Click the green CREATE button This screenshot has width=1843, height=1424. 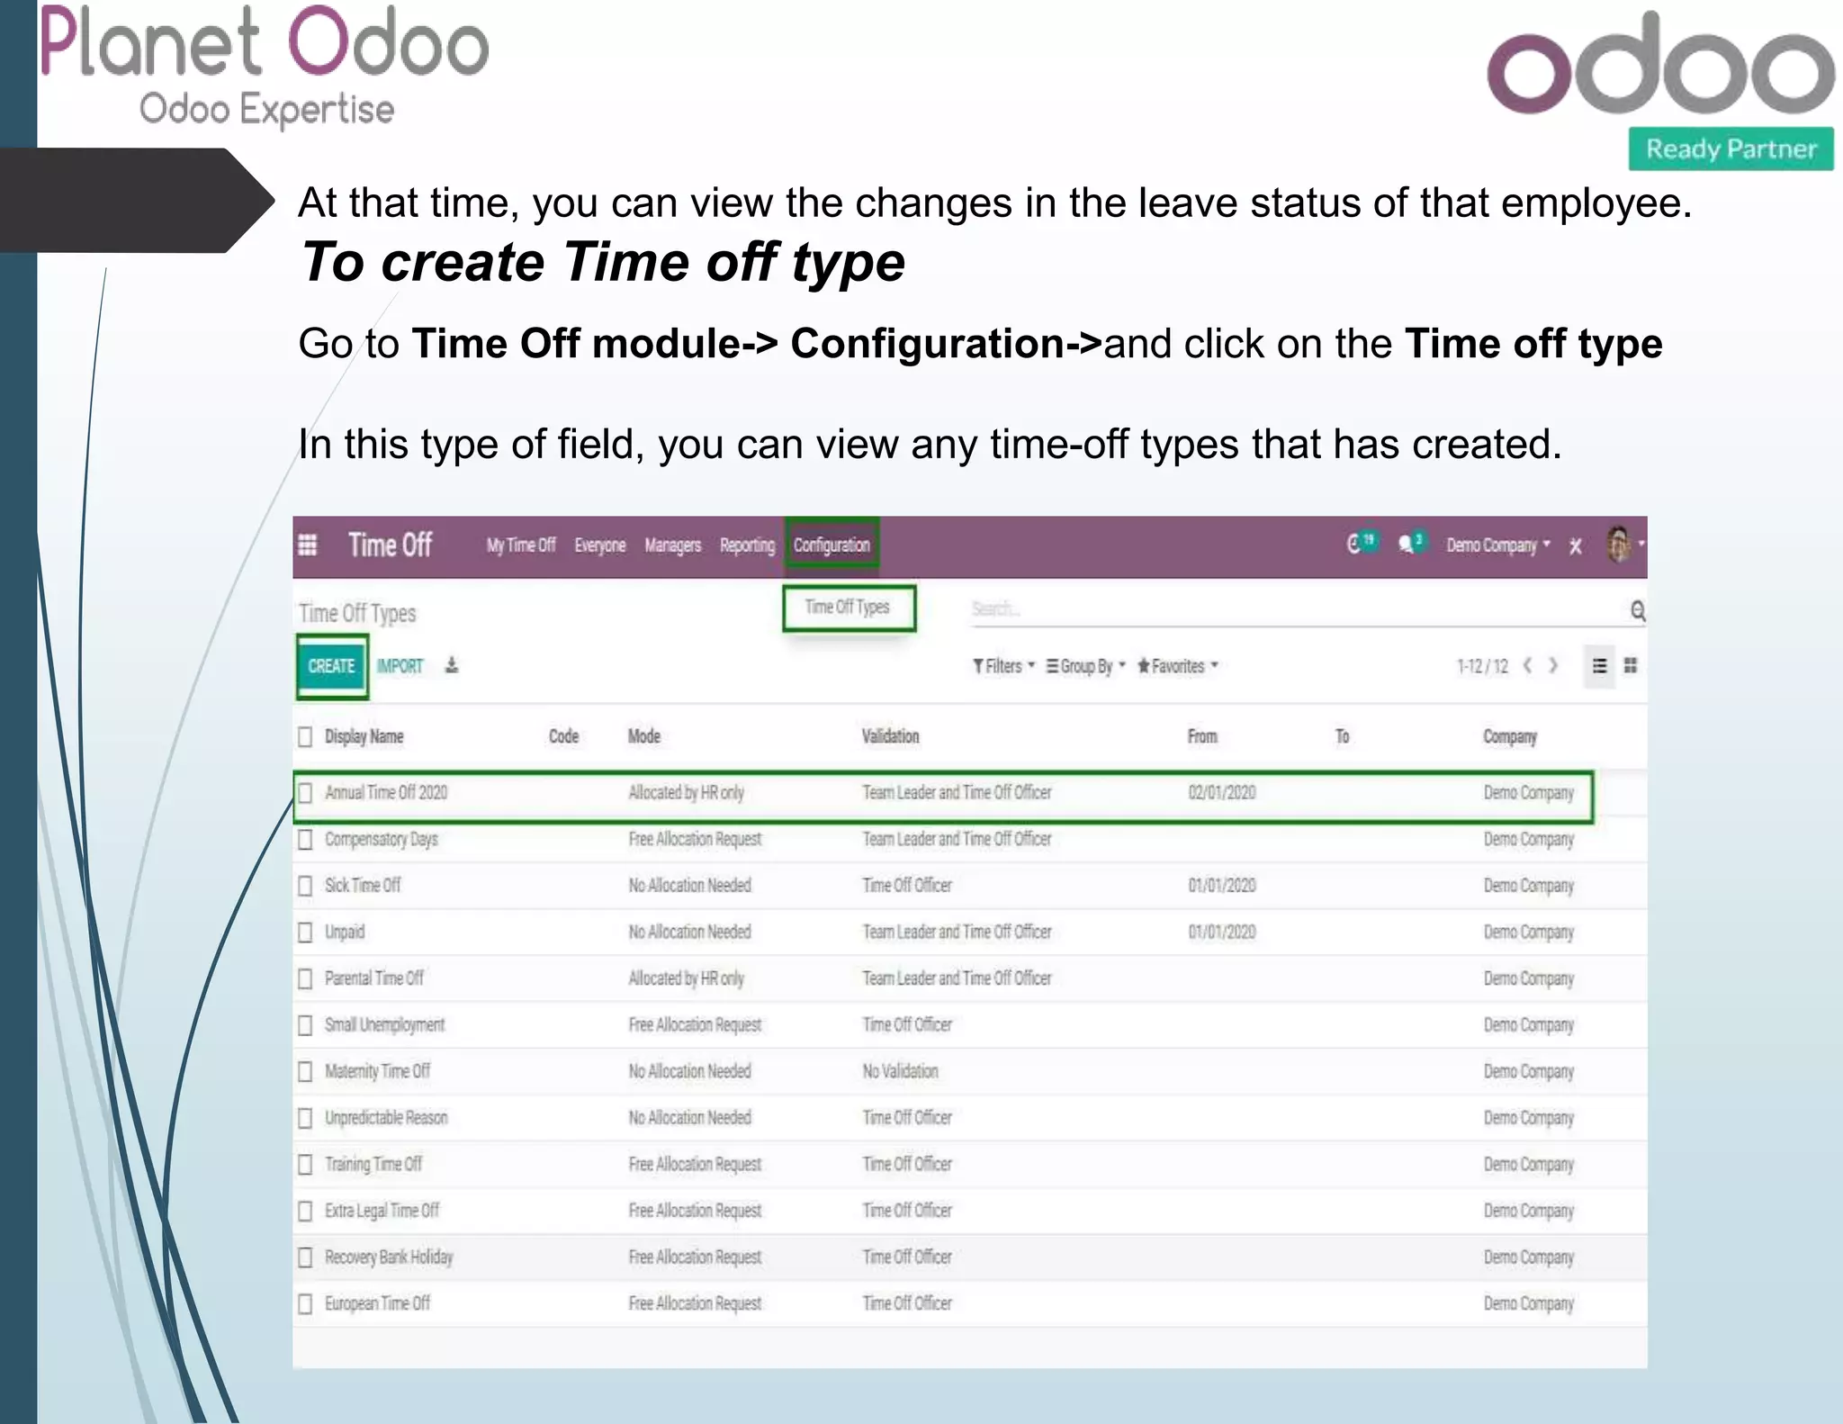click(x=332, y=666)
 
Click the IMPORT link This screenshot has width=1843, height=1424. click(x=400, y=666)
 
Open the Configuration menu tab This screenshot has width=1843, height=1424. click(x=832, y=545)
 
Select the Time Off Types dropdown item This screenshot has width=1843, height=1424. click(x=848, y=608)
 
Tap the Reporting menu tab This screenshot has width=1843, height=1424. click(x=747, y=545)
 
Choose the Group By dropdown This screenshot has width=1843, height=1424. click(x=1085, y=666)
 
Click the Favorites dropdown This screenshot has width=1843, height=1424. click(x=1177, y=666)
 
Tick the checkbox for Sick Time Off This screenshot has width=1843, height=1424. click(x=306, y=886)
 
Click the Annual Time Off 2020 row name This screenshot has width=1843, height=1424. click(x=386, y=793)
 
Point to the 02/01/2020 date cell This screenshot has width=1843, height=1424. click(x=1221, y=793)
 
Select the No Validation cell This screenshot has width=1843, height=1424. click(x=900, y=1071)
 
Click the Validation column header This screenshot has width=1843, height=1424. click(x=890, y=736)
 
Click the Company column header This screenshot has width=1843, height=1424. click(x=1509, y=736)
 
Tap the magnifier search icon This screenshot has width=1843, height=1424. click(x=1638, y=611)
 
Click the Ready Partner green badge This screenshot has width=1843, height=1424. click(x=1731, y=149)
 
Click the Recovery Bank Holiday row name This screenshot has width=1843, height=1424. click(x=389, y=1257)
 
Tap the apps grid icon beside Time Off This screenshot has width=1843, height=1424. click(x=308, y=545)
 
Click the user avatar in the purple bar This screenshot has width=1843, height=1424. click(x=1619, y=545)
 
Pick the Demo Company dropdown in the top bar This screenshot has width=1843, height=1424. click(x=1497, y=545)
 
